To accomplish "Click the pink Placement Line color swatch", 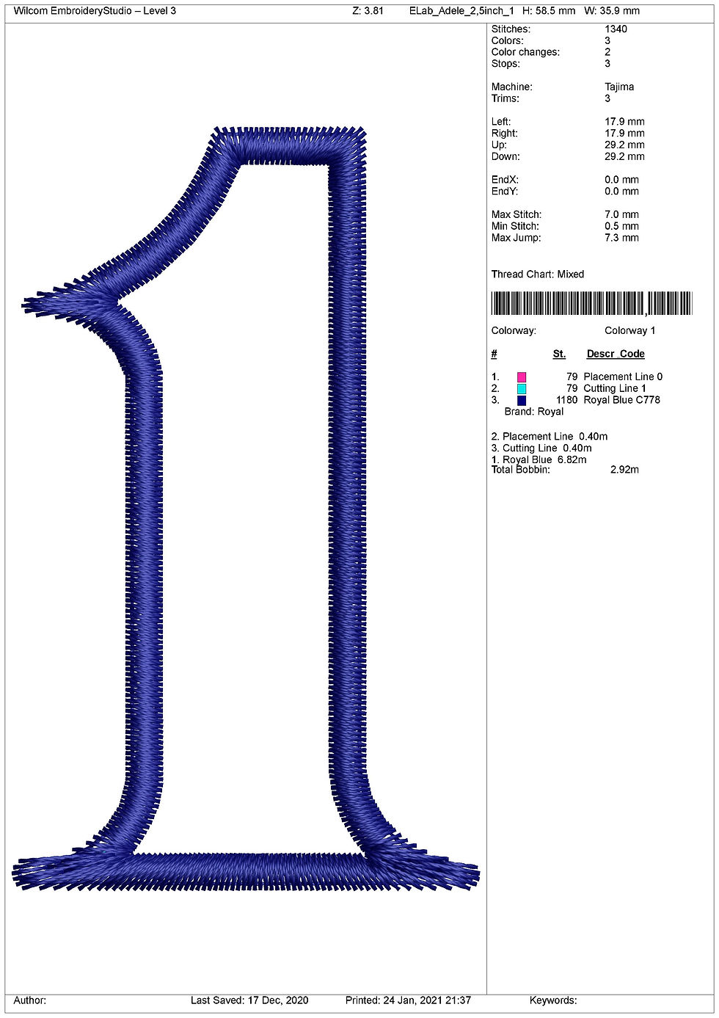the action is click(522, 377).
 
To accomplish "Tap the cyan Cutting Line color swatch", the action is click(522, 388).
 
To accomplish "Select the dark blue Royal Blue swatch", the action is click(522, 401).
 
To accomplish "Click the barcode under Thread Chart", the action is click(591, 303).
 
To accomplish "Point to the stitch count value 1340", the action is click(616, 29).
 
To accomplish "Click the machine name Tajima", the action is click(619, 87).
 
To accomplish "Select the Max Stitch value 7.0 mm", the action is click(621, 214).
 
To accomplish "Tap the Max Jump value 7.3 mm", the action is click(621, 238).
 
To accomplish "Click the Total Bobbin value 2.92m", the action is click(624, 470).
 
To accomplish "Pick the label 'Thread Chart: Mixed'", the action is click(537, 274).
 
